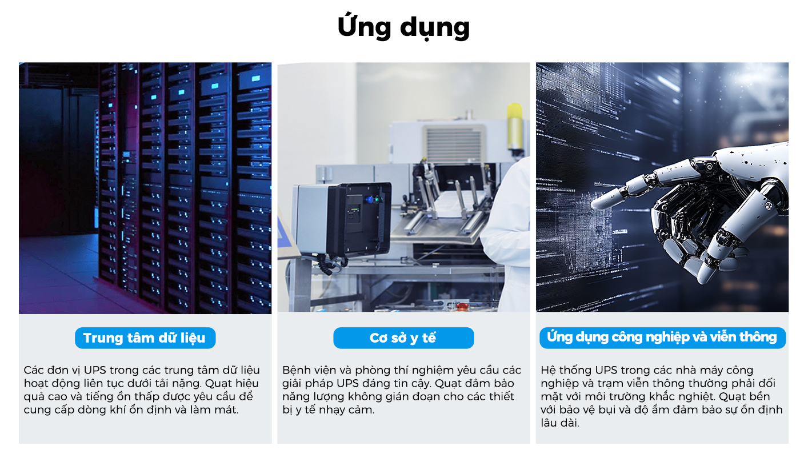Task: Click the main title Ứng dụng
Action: [403, 27]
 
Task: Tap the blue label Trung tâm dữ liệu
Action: [145, 338]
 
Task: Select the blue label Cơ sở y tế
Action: [403, 338]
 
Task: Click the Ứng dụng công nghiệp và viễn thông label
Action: [662, 337]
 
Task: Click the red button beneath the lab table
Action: [462, 307]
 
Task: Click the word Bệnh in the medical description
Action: [295, 370]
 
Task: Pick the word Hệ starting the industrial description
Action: [549, 370]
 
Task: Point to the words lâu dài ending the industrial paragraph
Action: [560, 423]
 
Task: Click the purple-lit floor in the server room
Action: [57, 274]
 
